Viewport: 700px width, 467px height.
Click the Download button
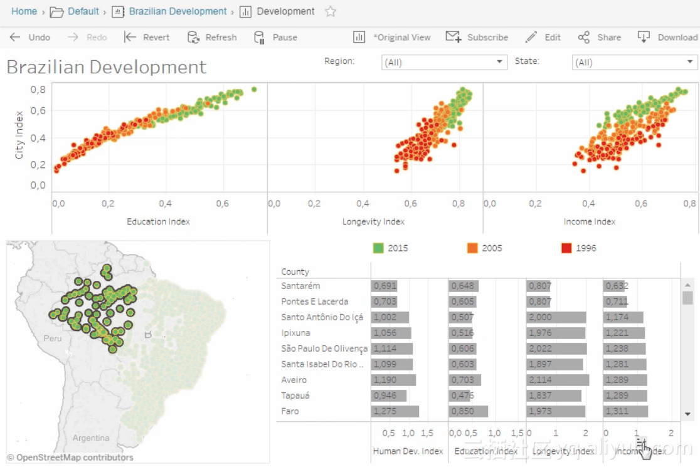[x=669, y=38]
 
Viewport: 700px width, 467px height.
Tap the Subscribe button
[x=477, y=38]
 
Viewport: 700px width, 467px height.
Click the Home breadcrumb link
[x=24, y=11]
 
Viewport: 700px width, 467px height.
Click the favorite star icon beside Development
[x=331, y=11]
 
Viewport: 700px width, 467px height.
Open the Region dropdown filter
[x=444, y=63]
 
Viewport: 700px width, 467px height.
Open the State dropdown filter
[x=635, y=63]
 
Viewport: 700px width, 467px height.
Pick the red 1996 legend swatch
[x=566, y=248]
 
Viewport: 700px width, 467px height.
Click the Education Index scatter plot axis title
[x=158, y=221]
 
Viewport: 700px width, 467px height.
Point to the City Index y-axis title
[x=19, y=135]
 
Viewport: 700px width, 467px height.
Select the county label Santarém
[x=301, y=286]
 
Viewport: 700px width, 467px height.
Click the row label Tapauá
[x=295, y=396]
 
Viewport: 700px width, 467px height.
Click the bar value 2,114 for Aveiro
[x=542, y=380]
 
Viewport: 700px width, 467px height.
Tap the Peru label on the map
[x=53, y=338]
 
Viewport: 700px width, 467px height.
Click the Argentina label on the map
[x=90, y=438]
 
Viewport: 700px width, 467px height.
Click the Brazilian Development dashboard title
[x=107, y=67]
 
